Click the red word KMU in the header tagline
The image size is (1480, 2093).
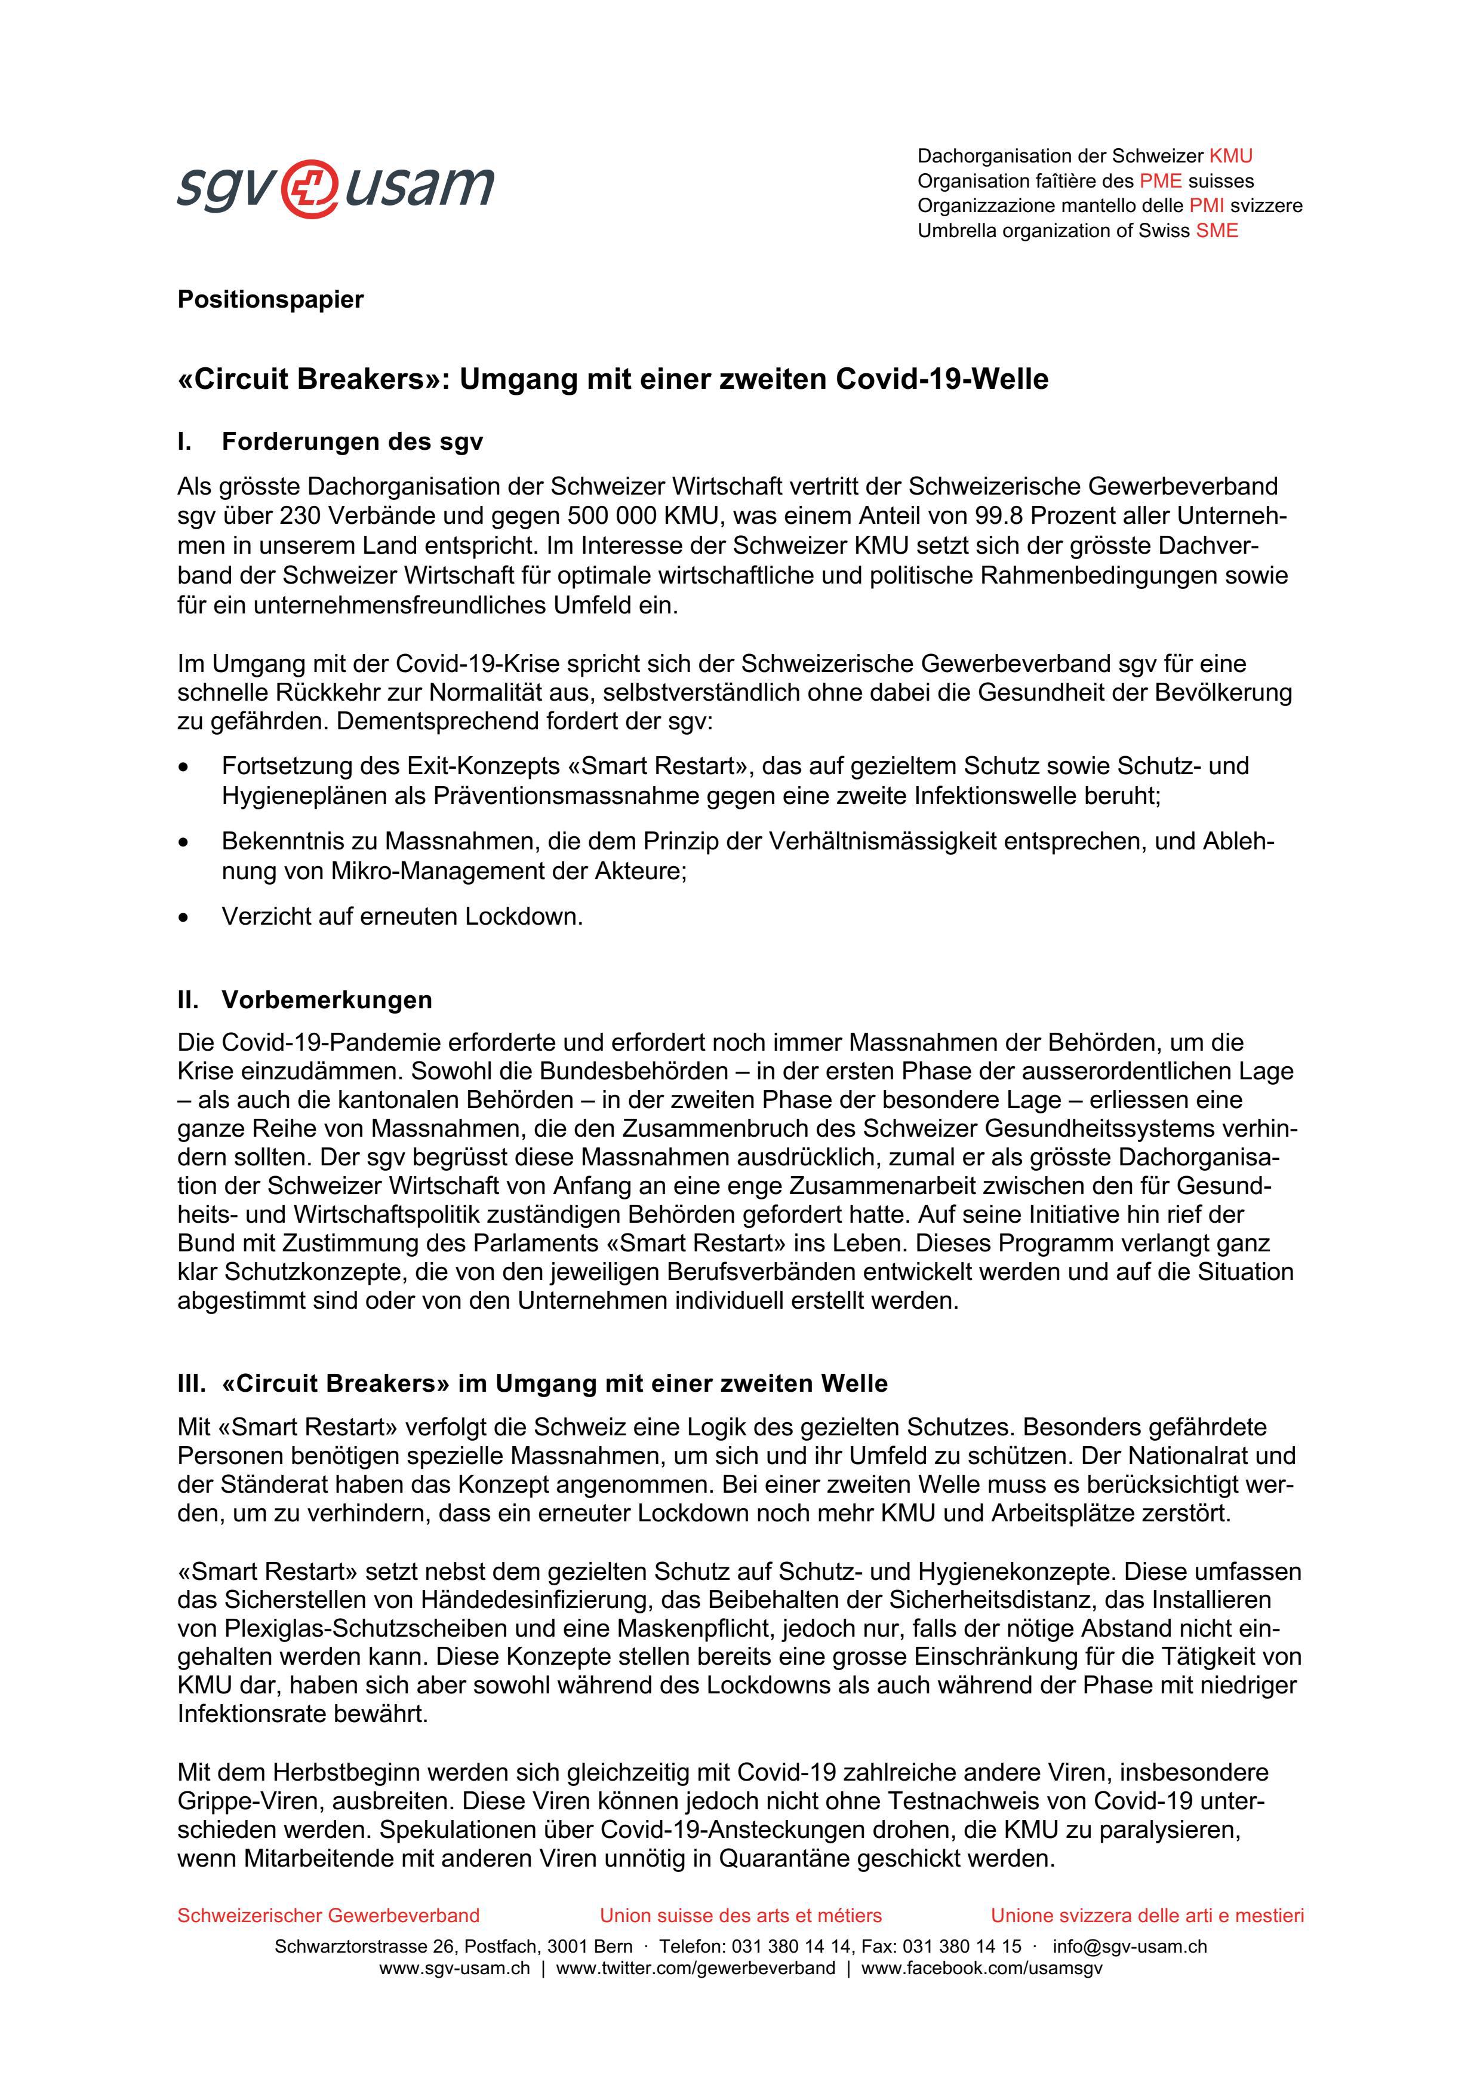pos(1230,156)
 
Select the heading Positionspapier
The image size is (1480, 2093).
pos(270,299)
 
